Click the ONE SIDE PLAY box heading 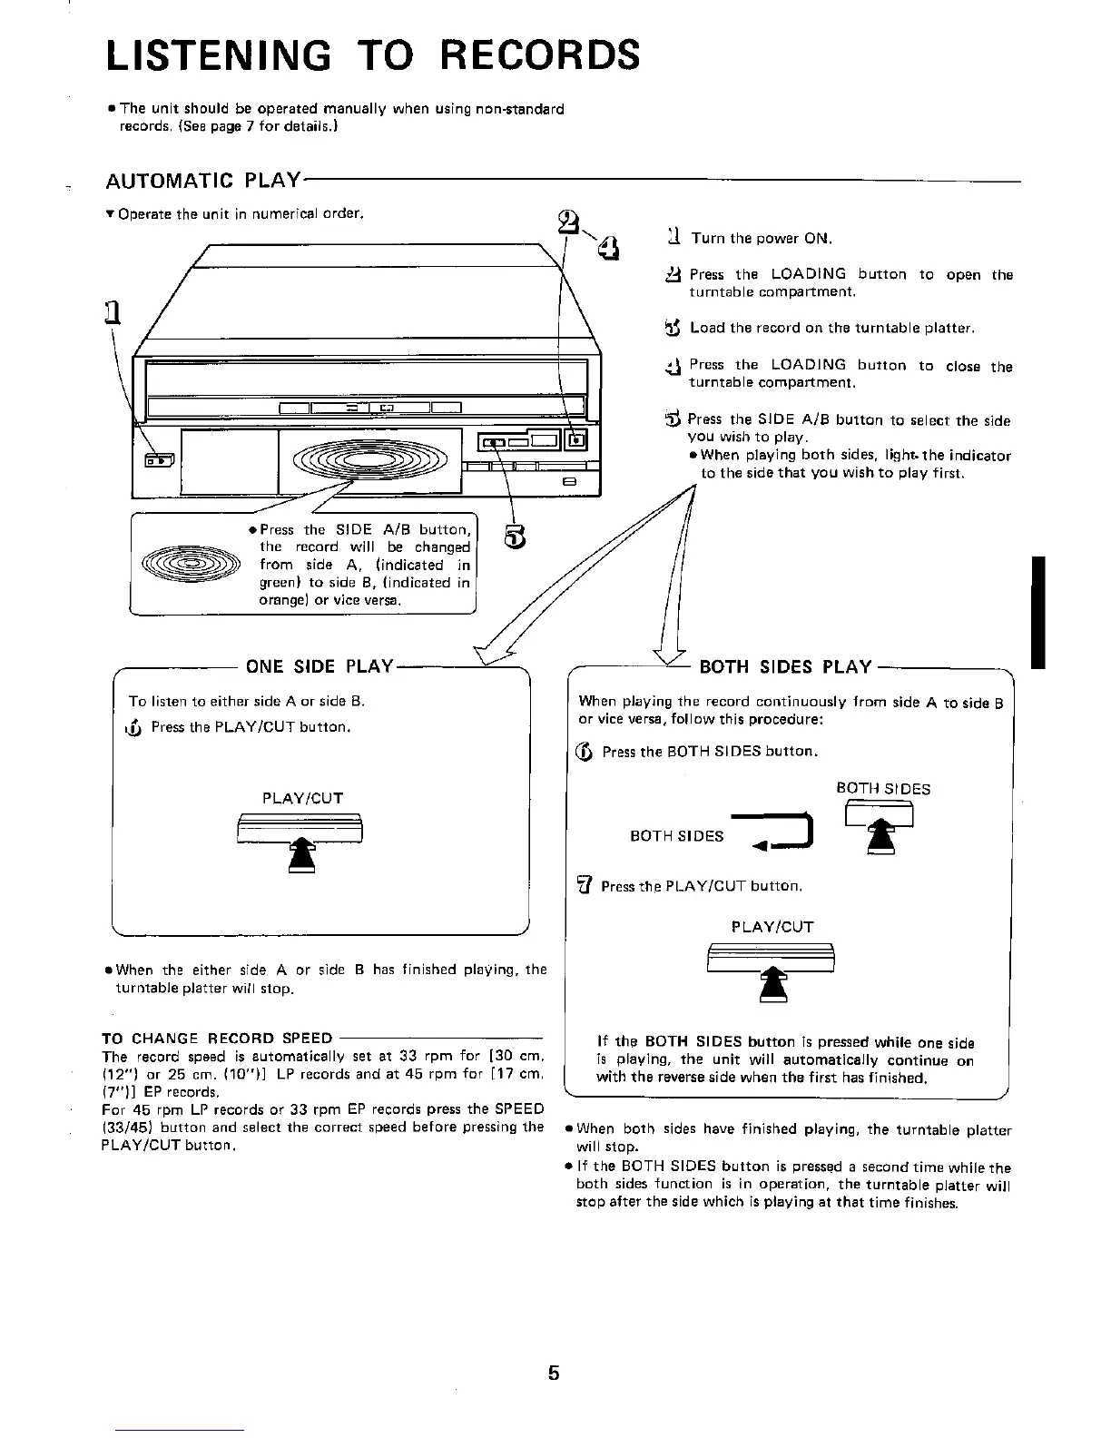click(x=319, y=666)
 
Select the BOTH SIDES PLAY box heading click(x=785, y=667)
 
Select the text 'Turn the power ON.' click(x=761, y=239)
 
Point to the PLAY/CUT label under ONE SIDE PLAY click(x=302, y=798)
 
